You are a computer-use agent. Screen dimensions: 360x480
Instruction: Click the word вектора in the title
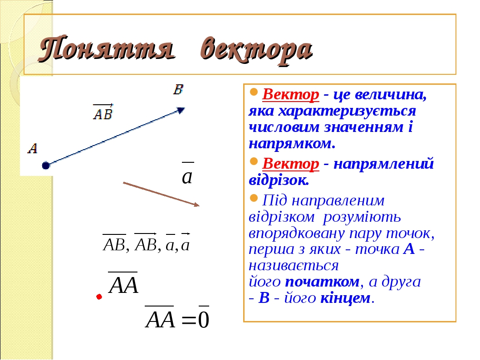point(256,49)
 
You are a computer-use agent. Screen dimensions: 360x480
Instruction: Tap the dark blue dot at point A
point(45,165)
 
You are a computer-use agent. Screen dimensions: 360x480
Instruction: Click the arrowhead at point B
point(181,110)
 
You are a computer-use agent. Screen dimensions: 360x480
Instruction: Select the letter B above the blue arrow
point(178,89)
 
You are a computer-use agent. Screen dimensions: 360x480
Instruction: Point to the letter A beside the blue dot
point(33,148)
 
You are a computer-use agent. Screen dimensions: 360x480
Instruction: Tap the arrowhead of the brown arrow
point(196,205)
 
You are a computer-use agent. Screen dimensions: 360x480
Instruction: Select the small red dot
point(99,297)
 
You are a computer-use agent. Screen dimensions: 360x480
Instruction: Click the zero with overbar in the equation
point(204,319)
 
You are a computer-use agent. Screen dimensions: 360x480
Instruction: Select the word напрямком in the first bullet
point(291,144)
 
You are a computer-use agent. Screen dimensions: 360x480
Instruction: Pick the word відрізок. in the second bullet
point(279,180)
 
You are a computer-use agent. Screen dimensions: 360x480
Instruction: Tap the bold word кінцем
point(346,298)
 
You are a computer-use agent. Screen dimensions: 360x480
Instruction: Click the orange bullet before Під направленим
point(254,198)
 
